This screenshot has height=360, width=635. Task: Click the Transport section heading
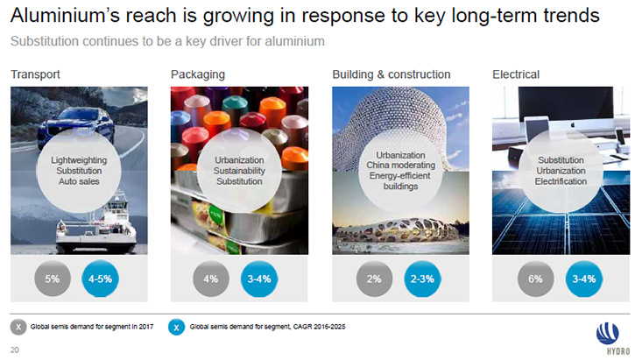pos(35,74)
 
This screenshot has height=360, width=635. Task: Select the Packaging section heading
pos(198,75)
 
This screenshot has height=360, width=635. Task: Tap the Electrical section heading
pos(516,74)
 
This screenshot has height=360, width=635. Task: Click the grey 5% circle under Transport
pos(53,279)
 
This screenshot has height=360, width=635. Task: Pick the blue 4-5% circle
pos(100,279)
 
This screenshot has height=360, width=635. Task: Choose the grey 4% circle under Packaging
pos(210,279)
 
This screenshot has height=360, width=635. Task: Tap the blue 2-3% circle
pos(422,279)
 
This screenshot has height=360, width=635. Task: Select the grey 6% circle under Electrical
pos(535,279)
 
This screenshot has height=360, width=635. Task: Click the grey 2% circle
pos(374,279)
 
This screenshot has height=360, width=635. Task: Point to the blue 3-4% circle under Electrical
pos(583,279)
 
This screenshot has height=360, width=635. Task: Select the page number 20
pos(15,349)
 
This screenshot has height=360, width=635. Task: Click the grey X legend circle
pos(18,327)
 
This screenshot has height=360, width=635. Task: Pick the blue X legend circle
pos(176,328)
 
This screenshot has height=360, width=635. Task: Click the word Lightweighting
pos(79,160)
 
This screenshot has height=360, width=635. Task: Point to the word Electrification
pos(561,181)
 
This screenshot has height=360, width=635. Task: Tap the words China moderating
pos(400,166)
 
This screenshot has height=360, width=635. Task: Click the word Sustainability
pos(239,171)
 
